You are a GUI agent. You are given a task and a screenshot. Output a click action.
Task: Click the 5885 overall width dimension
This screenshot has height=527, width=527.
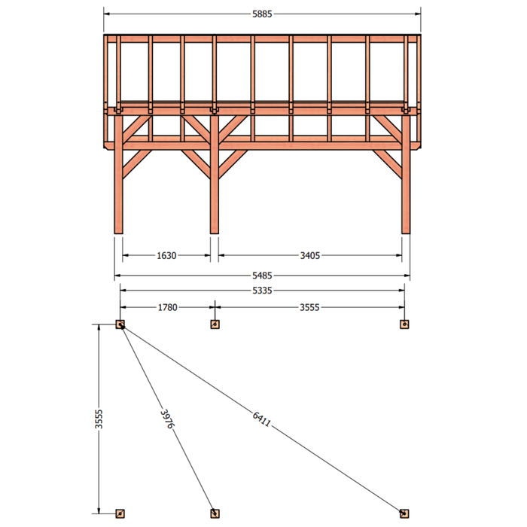(262, 14)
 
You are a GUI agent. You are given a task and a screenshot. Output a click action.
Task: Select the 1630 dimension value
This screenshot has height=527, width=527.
(166, 256)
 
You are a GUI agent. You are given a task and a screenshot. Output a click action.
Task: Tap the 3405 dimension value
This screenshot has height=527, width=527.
(310, 256)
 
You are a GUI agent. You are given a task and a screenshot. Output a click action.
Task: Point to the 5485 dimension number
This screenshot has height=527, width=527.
(262, 276)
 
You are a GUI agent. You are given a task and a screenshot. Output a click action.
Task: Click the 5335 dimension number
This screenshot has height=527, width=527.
(262, 291)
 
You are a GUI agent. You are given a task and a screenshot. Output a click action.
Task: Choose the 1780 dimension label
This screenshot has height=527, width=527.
(167, 307)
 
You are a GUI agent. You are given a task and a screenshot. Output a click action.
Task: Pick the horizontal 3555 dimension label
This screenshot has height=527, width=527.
(309, 307)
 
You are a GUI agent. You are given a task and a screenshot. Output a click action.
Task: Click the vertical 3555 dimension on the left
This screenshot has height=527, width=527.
(99, 419)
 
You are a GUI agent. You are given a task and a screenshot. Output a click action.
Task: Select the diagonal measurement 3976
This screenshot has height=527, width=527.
(167, 419)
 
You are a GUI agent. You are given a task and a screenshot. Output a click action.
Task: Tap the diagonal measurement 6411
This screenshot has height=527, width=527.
(261, 419)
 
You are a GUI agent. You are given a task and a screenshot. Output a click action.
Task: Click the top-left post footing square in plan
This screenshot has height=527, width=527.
(120, 324)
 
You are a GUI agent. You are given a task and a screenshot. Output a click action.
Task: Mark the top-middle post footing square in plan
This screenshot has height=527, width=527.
(215, 324)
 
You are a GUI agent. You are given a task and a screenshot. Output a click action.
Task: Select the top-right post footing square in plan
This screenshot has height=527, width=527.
(404, 324)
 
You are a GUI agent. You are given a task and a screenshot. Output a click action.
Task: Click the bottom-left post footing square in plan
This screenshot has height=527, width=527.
(120, 513)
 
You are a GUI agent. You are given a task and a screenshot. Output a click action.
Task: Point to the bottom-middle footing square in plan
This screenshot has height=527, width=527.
(215, 513)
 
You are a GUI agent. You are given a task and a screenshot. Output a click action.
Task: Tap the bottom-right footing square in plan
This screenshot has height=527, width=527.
(404, 513)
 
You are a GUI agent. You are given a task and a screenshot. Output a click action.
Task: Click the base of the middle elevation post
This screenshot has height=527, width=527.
(215, 231)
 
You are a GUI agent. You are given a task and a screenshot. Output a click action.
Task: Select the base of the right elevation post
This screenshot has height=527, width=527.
(406, 231)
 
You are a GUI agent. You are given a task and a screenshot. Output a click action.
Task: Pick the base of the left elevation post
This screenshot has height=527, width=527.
(119, 231)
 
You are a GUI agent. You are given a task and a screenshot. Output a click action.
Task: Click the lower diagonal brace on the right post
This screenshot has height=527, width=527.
(387, 164)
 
